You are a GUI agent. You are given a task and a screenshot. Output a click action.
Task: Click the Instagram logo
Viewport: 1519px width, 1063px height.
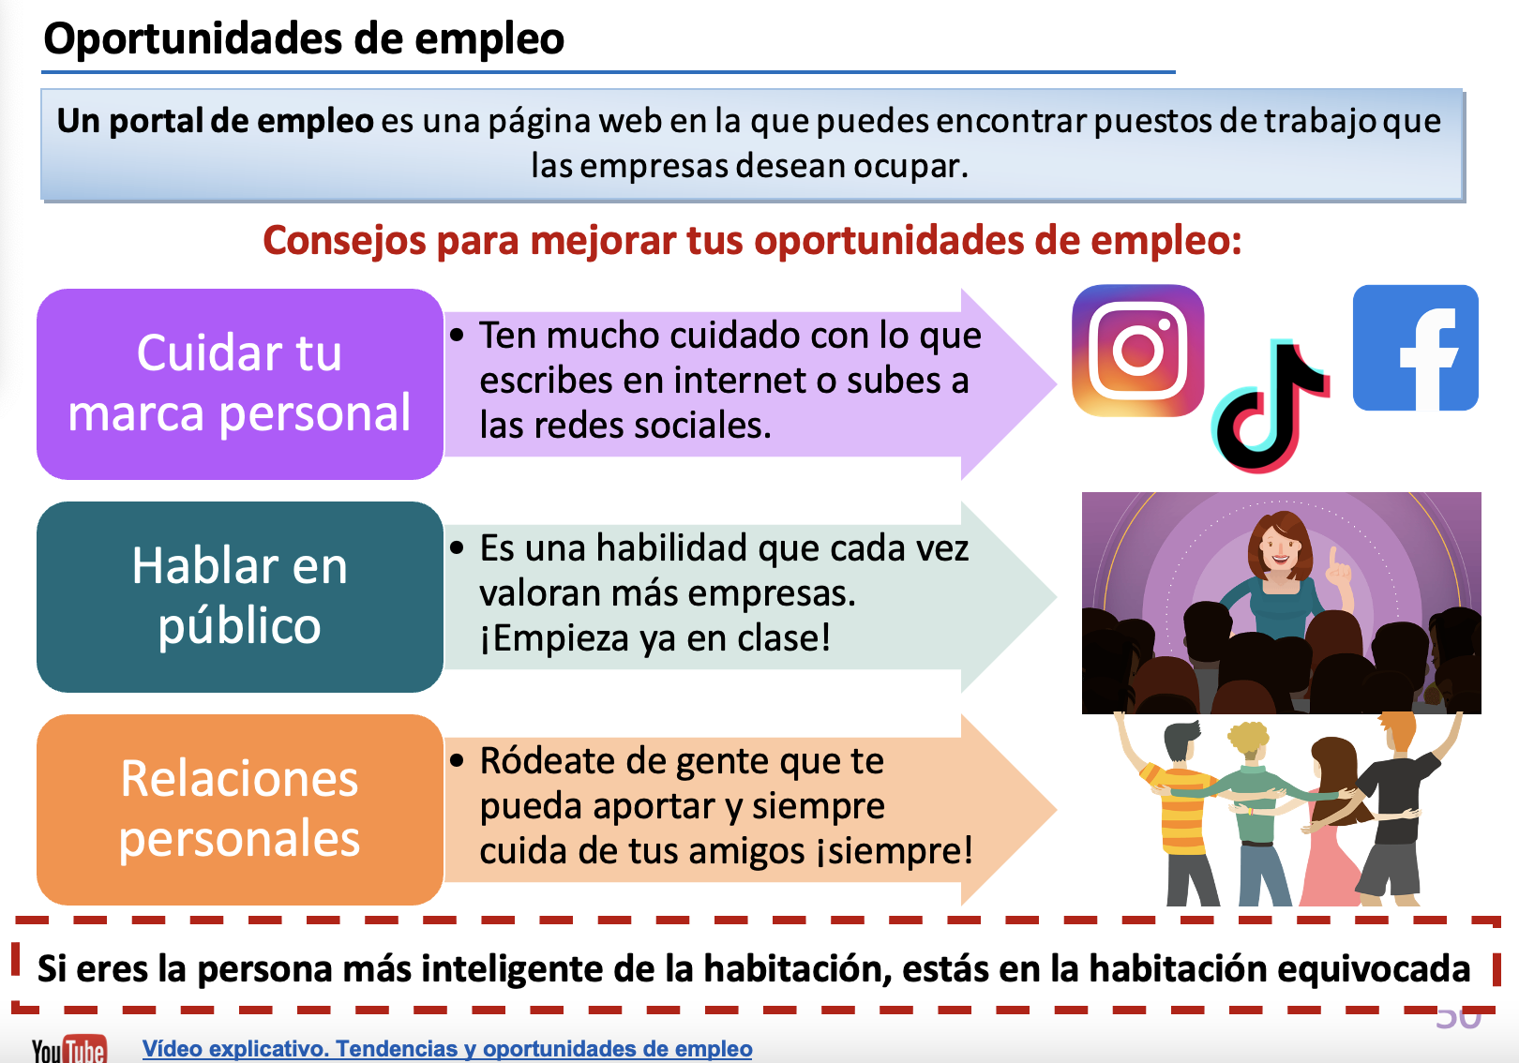[1137, 351]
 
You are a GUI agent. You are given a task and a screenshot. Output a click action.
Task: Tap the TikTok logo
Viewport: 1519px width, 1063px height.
[1270, 405]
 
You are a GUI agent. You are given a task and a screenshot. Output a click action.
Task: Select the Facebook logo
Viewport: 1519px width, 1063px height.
[1415, 348]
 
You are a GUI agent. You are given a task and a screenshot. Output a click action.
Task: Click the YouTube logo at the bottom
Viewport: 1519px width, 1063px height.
[69, 1049]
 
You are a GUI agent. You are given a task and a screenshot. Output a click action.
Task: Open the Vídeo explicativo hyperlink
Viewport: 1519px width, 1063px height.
[447, 1048]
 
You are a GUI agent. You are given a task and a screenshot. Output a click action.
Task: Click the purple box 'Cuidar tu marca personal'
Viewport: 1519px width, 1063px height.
[239, 383]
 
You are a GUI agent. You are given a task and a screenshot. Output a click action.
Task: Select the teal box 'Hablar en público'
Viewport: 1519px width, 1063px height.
[239, 596]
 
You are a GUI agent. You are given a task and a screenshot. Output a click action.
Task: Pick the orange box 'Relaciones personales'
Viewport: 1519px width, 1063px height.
[239, 810]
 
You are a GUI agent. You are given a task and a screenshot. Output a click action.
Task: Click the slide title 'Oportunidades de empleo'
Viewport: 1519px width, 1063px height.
[304, 38]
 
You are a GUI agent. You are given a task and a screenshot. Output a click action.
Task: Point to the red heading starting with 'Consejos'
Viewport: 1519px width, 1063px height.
[752, 241]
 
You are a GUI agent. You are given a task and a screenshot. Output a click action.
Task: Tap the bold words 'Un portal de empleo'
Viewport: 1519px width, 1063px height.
[215, 121]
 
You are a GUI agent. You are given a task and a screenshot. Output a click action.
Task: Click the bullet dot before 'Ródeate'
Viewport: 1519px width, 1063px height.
[457, 760]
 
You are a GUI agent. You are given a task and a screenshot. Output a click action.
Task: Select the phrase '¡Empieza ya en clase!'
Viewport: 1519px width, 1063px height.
[655, 638]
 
